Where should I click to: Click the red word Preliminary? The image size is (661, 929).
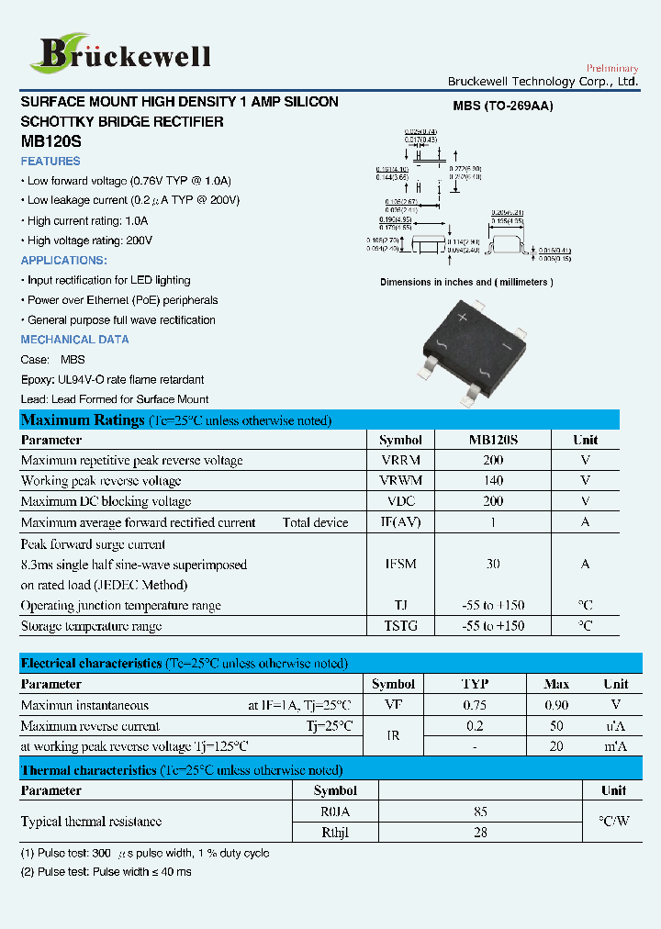point(611,69)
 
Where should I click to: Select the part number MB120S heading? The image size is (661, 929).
point(50,142)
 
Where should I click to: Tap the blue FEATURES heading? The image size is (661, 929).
point(50,162)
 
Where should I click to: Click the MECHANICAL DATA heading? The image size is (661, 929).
point(74,340)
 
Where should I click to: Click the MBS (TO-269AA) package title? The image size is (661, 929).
point(502,106)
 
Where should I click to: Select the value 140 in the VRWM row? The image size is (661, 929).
point(493,481)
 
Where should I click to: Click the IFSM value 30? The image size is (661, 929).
point(493,564)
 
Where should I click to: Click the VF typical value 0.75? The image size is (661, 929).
point(475,705)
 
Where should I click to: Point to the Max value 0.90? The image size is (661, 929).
point(556,705)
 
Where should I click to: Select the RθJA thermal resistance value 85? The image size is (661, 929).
point(480,811)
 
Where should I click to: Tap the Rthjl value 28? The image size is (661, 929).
point(480,832)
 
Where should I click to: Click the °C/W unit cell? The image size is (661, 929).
point(613,822)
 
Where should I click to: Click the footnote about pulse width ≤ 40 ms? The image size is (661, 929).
point(106,871)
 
